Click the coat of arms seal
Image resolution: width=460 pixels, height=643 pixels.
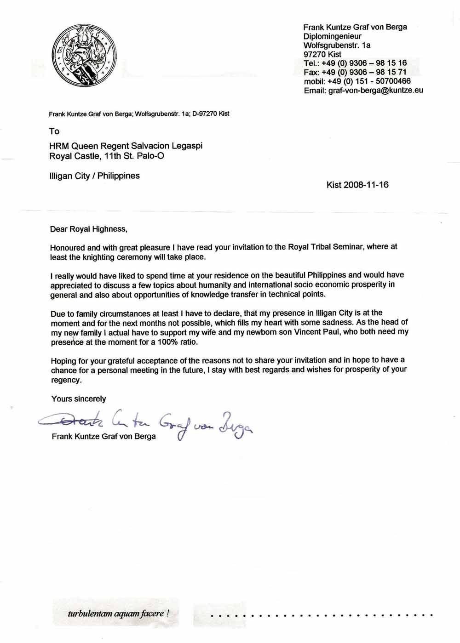[84, 55]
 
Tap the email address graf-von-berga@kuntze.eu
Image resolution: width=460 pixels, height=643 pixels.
[376, 91]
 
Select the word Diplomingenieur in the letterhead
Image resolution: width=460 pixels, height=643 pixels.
[332, 36]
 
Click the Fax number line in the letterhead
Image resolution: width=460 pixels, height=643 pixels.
[355, 72]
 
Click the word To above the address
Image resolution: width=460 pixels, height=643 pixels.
[54, 131]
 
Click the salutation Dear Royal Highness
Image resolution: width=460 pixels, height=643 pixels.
[88, 229]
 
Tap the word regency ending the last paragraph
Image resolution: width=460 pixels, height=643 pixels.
[66, 380]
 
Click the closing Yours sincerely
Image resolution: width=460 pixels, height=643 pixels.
[79, 399]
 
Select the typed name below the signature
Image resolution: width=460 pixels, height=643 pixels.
[103, 437]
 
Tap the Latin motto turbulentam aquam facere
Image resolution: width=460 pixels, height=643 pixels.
[118, 614]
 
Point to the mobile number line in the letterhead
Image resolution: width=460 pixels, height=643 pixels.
[357, 81]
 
